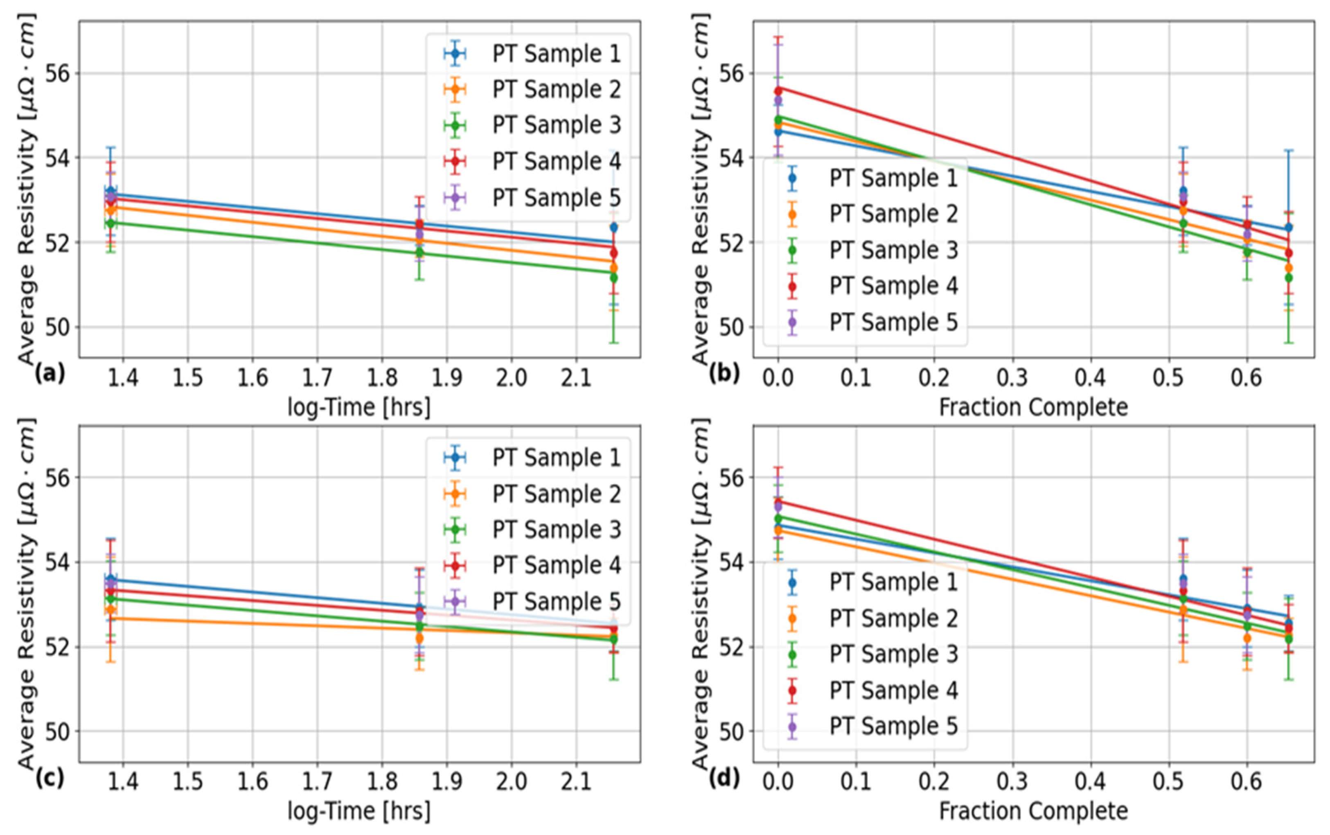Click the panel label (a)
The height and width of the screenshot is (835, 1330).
pos(50,374)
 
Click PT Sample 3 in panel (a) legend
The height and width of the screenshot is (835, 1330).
pos(556,125)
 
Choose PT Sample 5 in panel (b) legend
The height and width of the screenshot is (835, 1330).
pos(893,322)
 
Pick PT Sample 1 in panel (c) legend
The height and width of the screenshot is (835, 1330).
pos(556,457)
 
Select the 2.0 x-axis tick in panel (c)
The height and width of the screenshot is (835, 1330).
pos(511,782)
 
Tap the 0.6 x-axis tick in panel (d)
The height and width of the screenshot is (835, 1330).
pos(1247,782)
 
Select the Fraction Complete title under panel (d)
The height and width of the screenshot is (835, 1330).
pos(1033,811)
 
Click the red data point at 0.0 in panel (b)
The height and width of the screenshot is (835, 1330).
pos(778,90)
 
